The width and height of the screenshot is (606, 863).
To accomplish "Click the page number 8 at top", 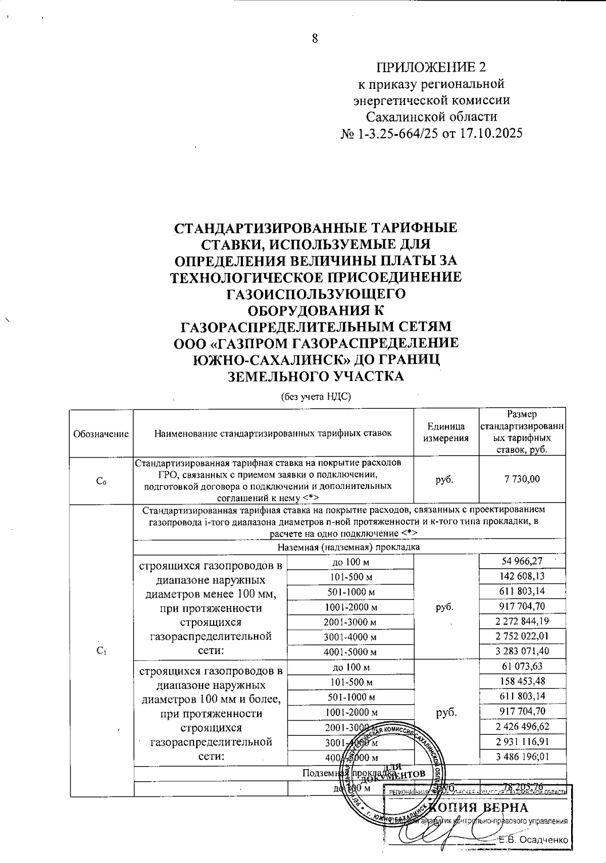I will (315, 38).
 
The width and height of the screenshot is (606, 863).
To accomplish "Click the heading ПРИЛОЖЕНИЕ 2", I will (431, 67).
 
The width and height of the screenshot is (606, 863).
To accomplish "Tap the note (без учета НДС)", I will (316, 397).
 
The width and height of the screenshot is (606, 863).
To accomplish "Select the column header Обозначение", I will (101, 434).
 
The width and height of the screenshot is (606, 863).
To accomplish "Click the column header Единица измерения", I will (445, 433).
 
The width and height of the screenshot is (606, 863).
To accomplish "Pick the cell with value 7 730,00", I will (522, 479).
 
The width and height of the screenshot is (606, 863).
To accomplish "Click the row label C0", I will (101, 481).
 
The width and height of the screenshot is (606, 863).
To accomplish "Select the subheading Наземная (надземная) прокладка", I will (349, 547).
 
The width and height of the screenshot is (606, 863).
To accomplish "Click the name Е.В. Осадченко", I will (533, 840).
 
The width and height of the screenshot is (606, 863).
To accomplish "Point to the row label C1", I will (101, 651).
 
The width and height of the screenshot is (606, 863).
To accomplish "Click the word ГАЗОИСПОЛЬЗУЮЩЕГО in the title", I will (315, 294).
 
